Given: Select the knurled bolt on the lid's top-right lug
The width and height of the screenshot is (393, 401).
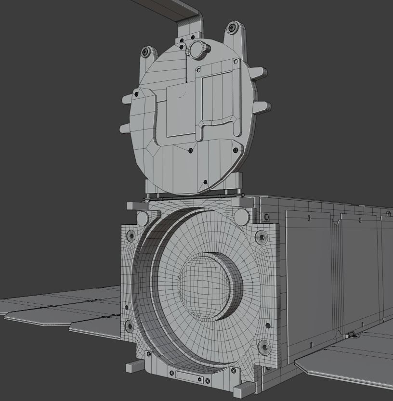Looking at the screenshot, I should (x=232, y=28).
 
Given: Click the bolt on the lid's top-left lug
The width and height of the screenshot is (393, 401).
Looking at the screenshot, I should (x=147, y=52).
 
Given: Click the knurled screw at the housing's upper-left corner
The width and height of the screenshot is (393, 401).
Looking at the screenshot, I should (x=131, y=236).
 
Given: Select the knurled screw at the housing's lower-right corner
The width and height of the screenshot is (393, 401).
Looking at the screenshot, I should (x=263, y=346).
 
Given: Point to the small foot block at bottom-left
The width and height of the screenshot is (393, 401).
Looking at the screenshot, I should (x=134, y=367).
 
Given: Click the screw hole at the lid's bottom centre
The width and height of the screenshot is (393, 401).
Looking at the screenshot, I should (x=206, y=182).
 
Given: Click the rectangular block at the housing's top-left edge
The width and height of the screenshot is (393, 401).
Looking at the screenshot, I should (x=137, y=206).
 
